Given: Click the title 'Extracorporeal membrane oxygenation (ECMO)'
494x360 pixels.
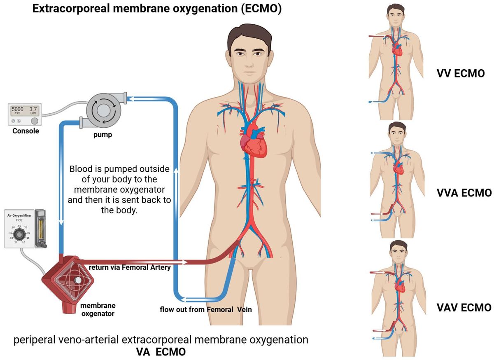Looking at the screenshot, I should (157, 9).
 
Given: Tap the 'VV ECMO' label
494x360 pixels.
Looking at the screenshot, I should (460, 74).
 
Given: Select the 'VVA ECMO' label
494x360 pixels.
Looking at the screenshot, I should (464, 193).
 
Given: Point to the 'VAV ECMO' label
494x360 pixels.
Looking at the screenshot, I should (464, 308).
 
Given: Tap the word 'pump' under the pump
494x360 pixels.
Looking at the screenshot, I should (103, 135).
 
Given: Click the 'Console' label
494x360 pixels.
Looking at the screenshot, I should (26, 131).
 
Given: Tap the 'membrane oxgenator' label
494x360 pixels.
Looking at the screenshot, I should (98, 309).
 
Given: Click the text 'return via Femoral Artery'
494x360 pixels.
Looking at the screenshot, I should (130, 267).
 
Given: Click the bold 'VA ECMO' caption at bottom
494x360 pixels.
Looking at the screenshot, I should (161, 352).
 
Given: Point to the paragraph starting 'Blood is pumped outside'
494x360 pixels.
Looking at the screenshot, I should (120, 189).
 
